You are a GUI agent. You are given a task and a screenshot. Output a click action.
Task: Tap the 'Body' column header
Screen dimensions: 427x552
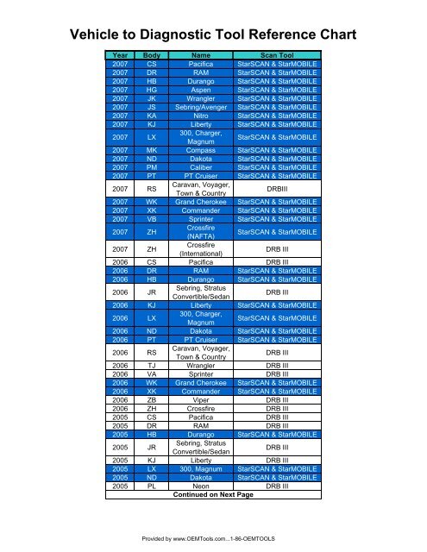(x=151, y=54)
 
